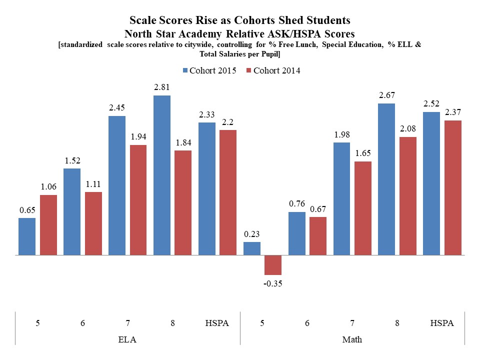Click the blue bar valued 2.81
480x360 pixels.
click(x=162, y=175)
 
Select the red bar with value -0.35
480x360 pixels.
click(x=273, y=265)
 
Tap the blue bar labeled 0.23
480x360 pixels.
click(x=252, y=248)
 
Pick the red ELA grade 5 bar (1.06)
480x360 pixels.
click(x=48, y=225)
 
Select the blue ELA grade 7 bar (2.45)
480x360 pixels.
click(x=117, y=185)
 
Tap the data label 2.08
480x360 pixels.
click(x=408, y=129)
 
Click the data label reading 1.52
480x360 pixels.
click(x=72, y=160)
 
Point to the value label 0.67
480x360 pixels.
click(x=318, y=209)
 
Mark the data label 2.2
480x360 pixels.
click(x=227, y=122)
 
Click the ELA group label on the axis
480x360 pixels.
click(x=127, y=339)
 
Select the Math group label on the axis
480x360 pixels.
click(x=352, y=339)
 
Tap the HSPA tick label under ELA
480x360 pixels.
click(x=217, y=323)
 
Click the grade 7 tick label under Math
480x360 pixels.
click(x=352, y=323)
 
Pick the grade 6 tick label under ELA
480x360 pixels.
click(x=82, y=323)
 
